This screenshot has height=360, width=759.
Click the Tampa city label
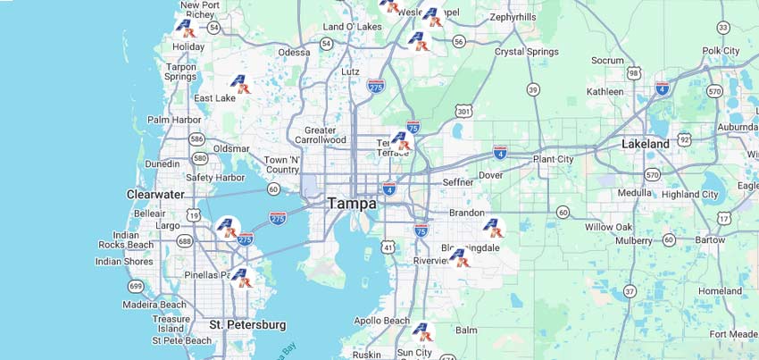(351, 204)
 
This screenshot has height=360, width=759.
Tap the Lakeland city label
(645, 144)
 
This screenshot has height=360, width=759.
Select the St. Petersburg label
(247, 325)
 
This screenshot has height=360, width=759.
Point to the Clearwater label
(155, 194)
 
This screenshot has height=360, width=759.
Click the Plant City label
(553, 159)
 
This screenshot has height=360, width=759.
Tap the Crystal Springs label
(527, 52)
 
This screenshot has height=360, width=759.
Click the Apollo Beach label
(381, 321)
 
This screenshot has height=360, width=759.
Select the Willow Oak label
(608, 227)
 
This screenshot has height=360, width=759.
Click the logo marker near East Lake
(240, 84)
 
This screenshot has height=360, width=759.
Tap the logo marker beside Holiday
(185, 28)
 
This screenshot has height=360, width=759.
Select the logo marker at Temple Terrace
(401, 141)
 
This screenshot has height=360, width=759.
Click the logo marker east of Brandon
(493, 228)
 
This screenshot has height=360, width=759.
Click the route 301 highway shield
(463, 111)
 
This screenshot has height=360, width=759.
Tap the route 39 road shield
(533, 89)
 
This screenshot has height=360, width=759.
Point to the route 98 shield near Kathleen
(634, 72)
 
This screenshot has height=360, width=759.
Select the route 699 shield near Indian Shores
(136, 286)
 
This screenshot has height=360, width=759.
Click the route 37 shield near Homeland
(630, 291)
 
